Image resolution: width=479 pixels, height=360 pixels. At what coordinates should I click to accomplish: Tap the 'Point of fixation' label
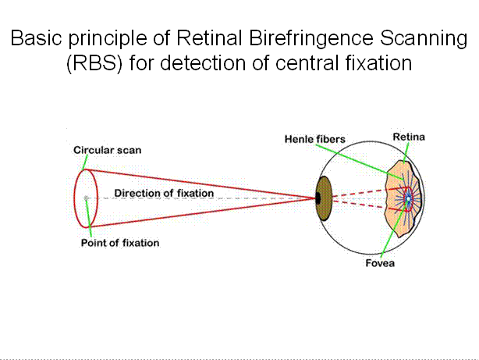120,243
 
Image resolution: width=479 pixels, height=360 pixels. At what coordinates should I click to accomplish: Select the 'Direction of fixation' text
164,193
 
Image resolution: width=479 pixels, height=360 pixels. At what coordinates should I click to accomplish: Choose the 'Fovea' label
380,263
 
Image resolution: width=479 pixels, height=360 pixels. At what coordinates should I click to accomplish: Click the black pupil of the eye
318,198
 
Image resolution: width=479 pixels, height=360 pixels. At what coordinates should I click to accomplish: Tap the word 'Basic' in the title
37,38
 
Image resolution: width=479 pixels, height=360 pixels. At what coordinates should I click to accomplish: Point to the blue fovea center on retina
408,200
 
